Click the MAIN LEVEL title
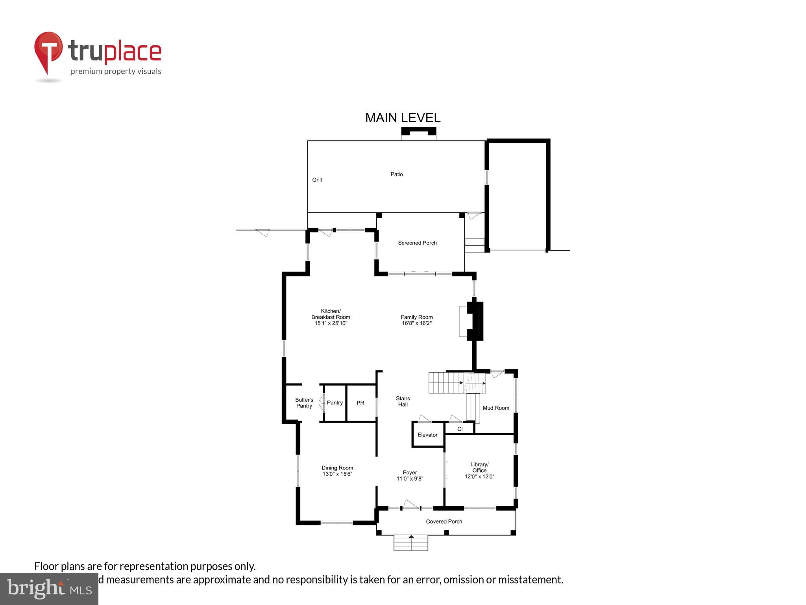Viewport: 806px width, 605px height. pyautogui.click(x=403, y=118)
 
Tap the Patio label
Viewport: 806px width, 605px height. pyautogui.click(x=396, y=174)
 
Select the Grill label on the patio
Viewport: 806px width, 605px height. pyautogui.click(x=317, y=180)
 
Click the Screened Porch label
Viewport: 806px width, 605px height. pyautogui.click(x=417, y=243)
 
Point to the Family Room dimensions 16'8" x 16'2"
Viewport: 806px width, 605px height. pyautogui.click(x=417, y=323)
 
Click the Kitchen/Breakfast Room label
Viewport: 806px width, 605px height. pyautogui.click(x=331, y=314)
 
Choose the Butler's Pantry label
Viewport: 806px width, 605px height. pyautogui.click(x=304, y=403)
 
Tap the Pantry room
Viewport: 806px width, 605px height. pyautogui.click(x=335, y=403)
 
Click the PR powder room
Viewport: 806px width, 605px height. pyautogui.click(x=360, y=403)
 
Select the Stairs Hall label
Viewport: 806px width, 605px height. pyautogui.click(x=403, y=401)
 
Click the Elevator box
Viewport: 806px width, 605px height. pyautogui.click(x=427, y=435)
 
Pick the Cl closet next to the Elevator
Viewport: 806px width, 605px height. pyautogui.click(x=460, y=429)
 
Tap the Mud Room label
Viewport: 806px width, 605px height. pyautogui.click(x=496, y=408)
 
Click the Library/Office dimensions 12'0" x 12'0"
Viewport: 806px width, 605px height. pyautogui.click(x=479, y=477)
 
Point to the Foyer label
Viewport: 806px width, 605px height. pyautogui.click(x=410, y=473)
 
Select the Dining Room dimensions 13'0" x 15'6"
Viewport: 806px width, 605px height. pyautogui.click(x=337, y=474)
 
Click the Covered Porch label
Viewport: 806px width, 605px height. pyautogui.click(x=444, y=521)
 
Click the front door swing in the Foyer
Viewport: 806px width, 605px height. pyautogui.click(x=411, y=504)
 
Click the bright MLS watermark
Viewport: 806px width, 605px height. pyautogui.click(x=49, y=588)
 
